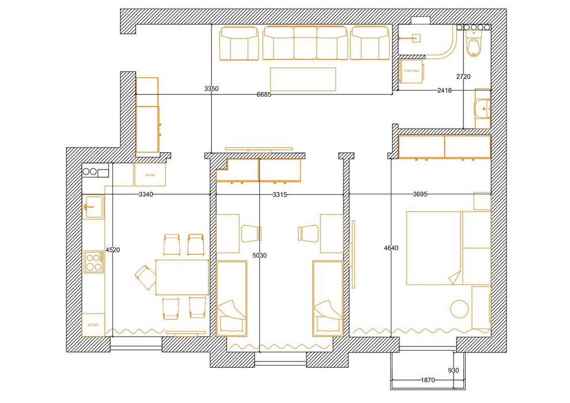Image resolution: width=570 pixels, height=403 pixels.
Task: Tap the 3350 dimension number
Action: pos(211,89)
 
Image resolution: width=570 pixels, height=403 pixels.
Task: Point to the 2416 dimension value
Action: pos(444,91)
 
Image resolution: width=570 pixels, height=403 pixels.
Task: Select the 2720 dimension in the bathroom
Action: pos(463,77)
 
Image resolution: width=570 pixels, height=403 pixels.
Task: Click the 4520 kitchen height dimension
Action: pos(112,250)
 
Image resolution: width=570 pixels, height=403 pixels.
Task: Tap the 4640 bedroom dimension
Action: pos(391,248)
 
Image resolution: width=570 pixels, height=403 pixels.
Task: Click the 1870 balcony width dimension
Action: pos(427,380)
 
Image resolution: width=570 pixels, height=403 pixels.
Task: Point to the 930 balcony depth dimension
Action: pos(453,370)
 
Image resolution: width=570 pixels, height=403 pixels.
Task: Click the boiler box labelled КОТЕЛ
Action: pos(93,325)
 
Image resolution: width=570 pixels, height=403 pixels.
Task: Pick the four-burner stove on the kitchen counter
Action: pos(93,262)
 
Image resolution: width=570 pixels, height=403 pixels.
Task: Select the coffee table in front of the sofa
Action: pos(303,79)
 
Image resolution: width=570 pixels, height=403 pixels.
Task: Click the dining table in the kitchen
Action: pos(182,277)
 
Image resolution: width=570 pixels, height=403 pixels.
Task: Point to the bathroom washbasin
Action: pos(482,107)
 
